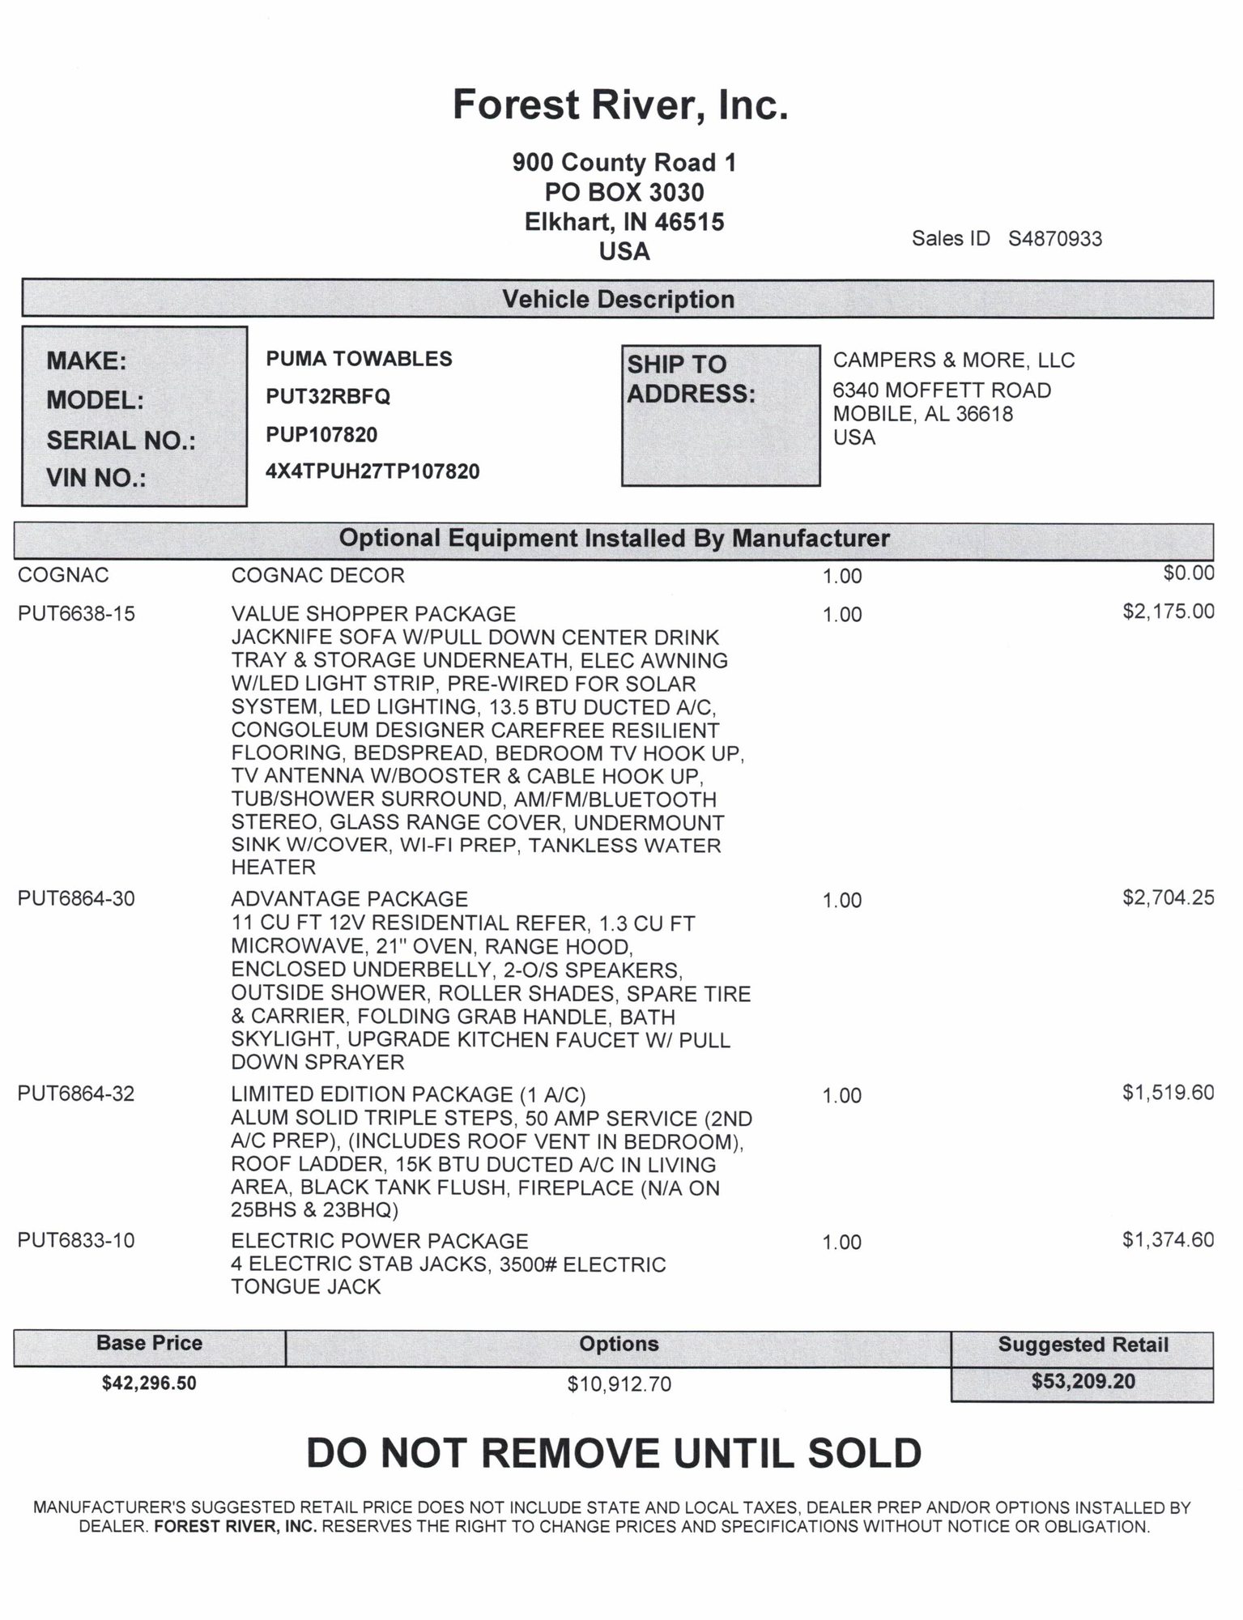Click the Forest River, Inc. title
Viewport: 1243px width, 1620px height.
[620, 105]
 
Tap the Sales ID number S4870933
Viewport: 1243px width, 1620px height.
[1054, 239]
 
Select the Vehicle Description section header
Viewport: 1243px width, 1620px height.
[618, 300]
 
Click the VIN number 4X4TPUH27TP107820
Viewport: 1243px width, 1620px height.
[372, 471]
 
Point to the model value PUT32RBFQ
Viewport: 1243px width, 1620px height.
[328, 397]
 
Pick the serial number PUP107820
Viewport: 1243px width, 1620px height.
[321, 435]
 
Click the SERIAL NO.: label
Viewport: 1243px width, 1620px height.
[121, 441]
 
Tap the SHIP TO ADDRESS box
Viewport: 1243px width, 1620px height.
[720, 416]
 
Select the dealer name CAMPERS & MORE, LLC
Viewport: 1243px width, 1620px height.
[954, 360]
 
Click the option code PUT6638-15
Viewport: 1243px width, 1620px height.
[76, 614]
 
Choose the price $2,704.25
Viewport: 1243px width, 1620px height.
[1168, 897]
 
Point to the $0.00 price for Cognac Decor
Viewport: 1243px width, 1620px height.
[1189, 573]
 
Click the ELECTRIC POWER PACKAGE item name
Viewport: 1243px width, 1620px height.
[379, 1241]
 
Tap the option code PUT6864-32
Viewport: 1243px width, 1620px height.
[76, 1094]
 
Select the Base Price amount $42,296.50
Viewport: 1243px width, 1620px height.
[149, 1383]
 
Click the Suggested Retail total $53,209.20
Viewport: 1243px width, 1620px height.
[1083, 1381]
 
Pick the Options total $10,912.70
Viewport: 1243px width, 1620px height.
[619, 1384]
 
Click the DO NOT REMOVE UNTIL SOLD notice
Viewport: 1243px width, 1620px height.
[614, 1453]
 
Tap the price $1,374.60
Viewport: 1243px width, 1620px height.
[1168, 1239]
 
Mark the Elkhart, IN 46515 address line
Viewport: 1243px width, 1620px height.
[624, 222]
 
